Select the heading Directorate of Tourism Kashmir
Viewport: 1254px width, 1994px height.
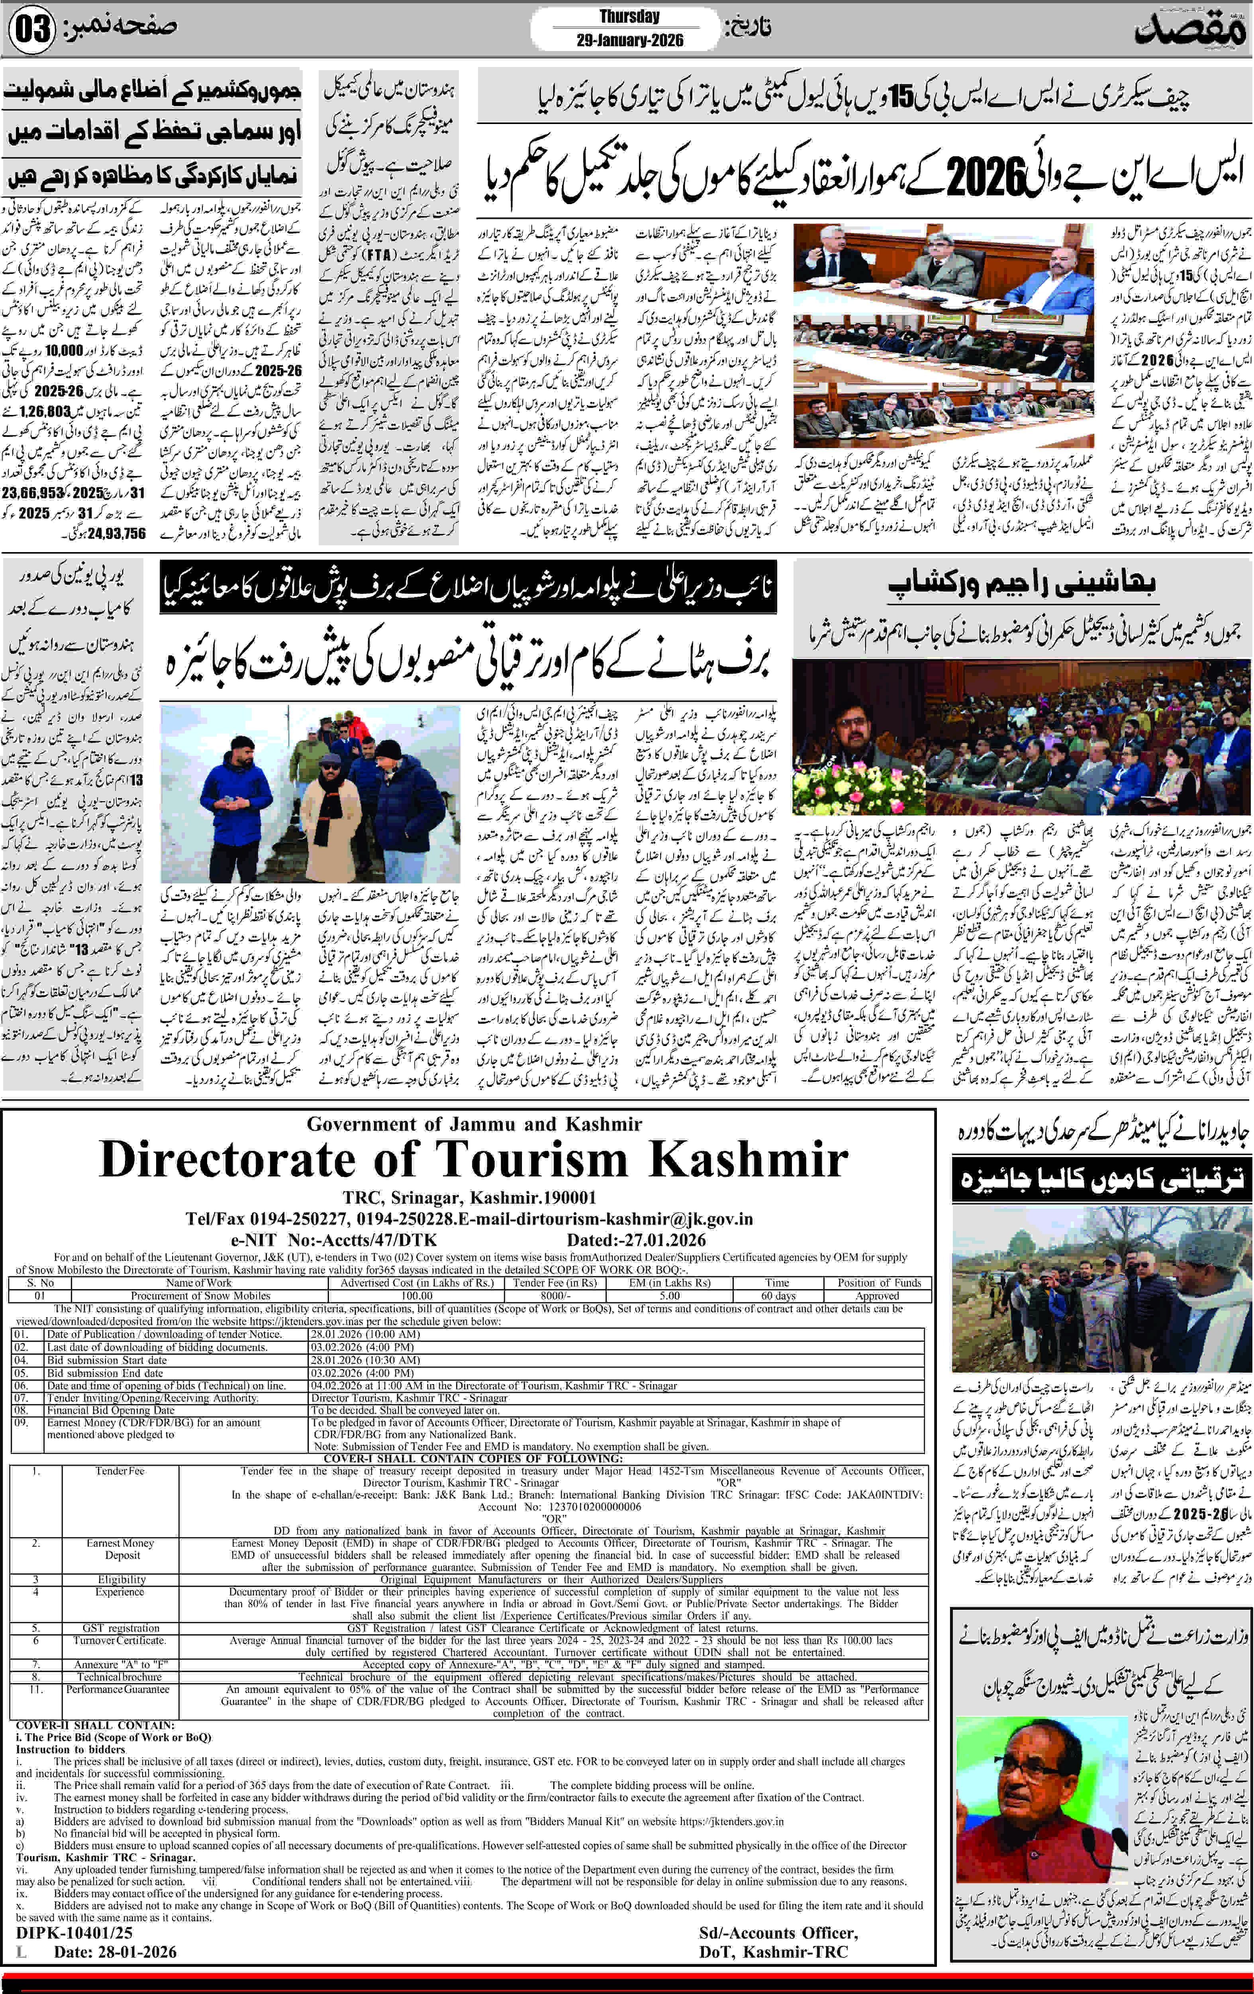[474, 1159]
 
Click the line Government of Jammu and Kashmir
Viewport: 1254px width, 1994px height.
[474, 1124]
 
